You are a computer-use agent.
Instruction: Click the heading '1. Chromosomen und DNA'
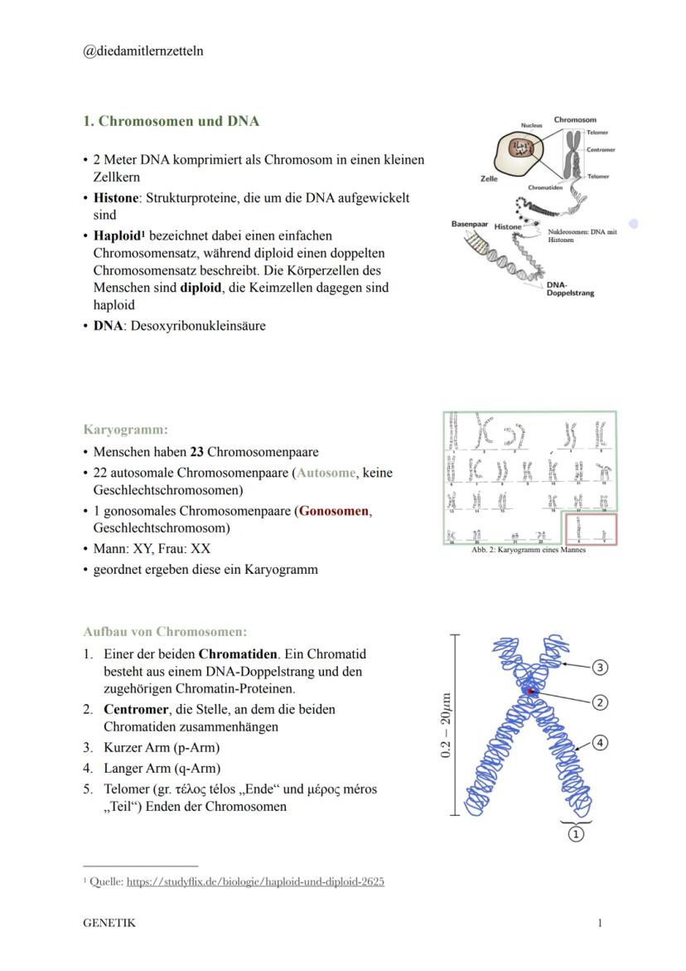(x=171, y=121)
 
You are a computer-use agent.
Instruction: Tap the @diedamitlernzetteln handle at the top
(x=143, y=51)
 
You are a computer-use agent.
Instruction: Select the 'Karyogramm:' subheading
(x=125, y=430)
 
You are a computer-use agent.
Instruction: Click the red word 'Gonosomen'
(x=335, y=511)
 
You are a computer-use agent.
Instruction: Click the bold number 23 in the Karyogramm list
(x=196, y=452)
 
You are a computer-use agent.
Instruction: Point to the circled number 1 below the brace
(x=575, y=834)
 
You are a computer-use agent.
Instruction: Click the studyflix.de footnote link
(x=255, y=881)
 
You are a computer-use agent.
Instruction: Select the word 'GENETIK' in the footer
(x=109, y=923)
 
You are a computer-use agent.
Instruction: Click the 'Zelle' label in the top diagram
(x=489, y=178)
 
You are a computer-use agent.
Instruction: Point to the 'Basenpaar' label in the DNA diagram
(x=469, y=224)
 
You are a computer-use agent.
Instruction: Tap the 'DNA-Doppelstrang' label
(x=570, y=289)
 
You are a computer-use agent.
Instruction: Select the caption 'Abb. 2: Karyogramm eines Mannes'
(x=528, y=550)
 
